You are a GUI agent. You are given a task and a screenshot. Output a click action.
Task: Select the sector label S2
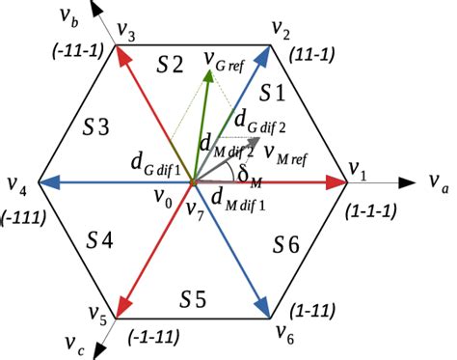pos(170,66)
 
